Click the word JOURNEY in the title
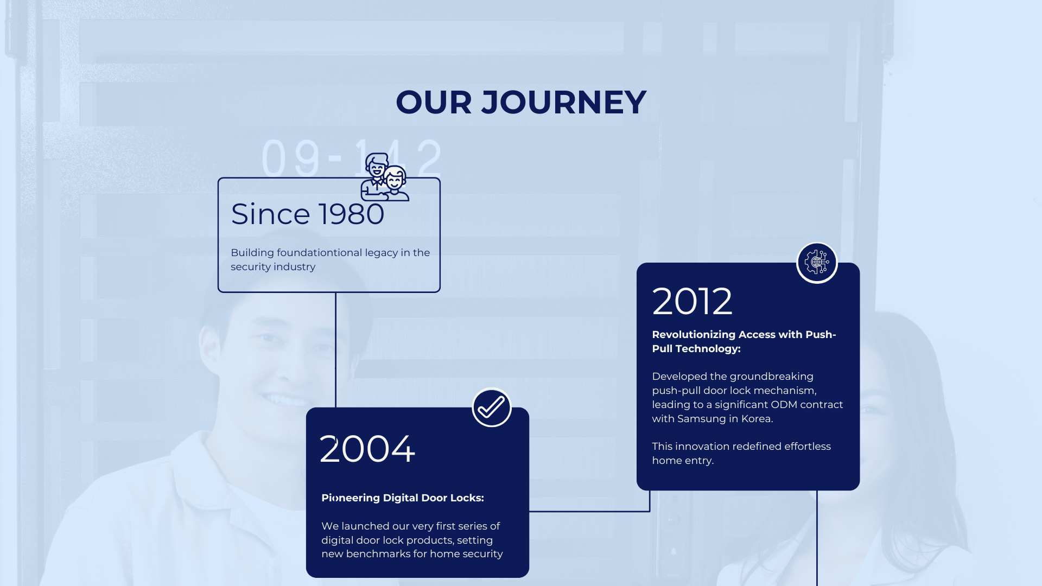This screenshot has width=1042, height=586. [x=564, y=102]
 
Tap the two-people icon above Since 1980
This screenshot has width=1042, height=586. [x=385, y=177]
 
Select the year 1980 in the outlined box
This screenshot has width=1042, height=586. [x=351, y=214]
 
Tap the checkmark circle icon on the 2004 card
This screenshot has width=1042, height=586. [x=492, y=407]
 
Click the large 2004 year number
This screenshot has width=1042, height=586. [x=367, y=449]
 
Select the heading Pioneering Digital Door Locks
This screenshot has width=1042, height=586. [x=403, y=498]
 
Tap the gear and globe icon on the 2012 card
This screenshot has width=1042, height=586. [x=817, y=263]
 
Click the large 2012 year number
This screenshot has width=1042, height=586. [x=692, y=301]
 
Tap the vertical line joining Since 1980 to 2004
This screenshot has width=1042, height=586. [x=335, y=350]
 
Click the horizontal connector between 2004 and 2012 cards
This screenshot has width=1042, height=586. [x=589, y=511]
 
